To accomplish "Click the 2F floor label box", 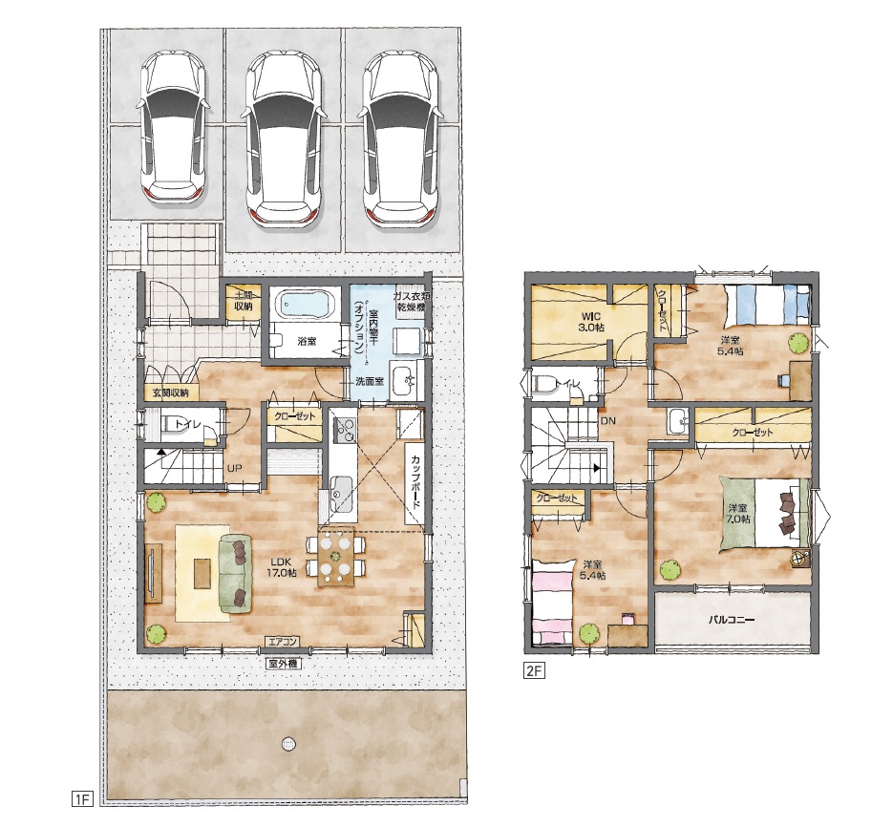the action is click(x=533, y=670).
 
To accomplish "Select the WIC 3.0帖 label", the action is click(x=590, y=322).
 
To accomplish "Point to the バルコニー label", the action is click(x=731, y=619).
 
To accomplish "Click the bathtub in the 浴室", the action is click(x=305, y=305).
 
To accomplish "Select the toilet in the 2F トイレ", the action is click(x=542, y=384).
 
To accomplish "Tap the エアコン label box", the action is click(x=283, y=642).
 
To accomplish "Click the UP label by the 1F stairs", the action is click(x=234, y=468).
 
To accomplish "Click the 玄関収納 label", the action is click(x=171, y=392).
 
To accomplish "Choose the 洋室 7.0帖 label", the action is click(x=738, y=514).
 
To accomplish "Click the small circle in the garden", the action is click(x=288, y=743).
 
